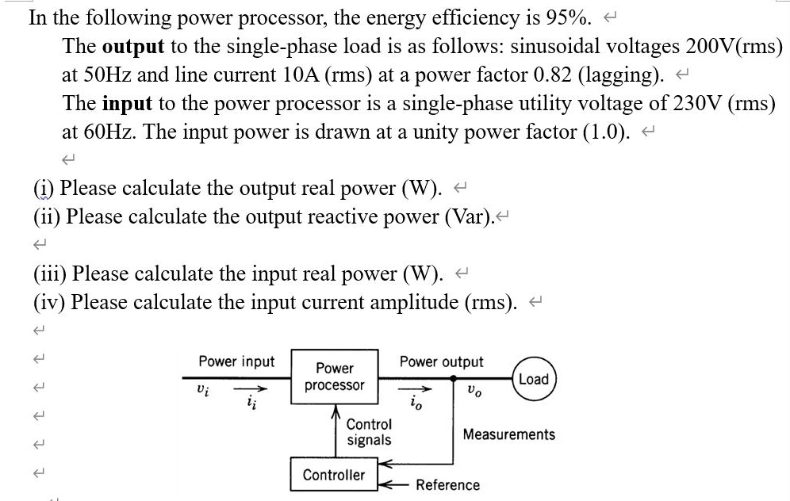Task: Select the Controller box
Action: tap(334, 475)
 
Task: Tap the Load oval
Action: tap(533, 379)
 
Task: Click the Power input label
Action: tap(236, 361)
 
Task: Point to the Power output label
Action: tap(441, 361)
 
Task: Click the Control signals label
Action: tap(369, 432)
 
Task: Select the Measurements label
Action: tap(508, 434)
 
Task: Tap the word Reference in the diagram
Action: tap(447, 485)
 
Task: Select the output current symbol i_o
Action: tap(417, 406)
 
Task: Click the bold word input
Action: tap(123, 103)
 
